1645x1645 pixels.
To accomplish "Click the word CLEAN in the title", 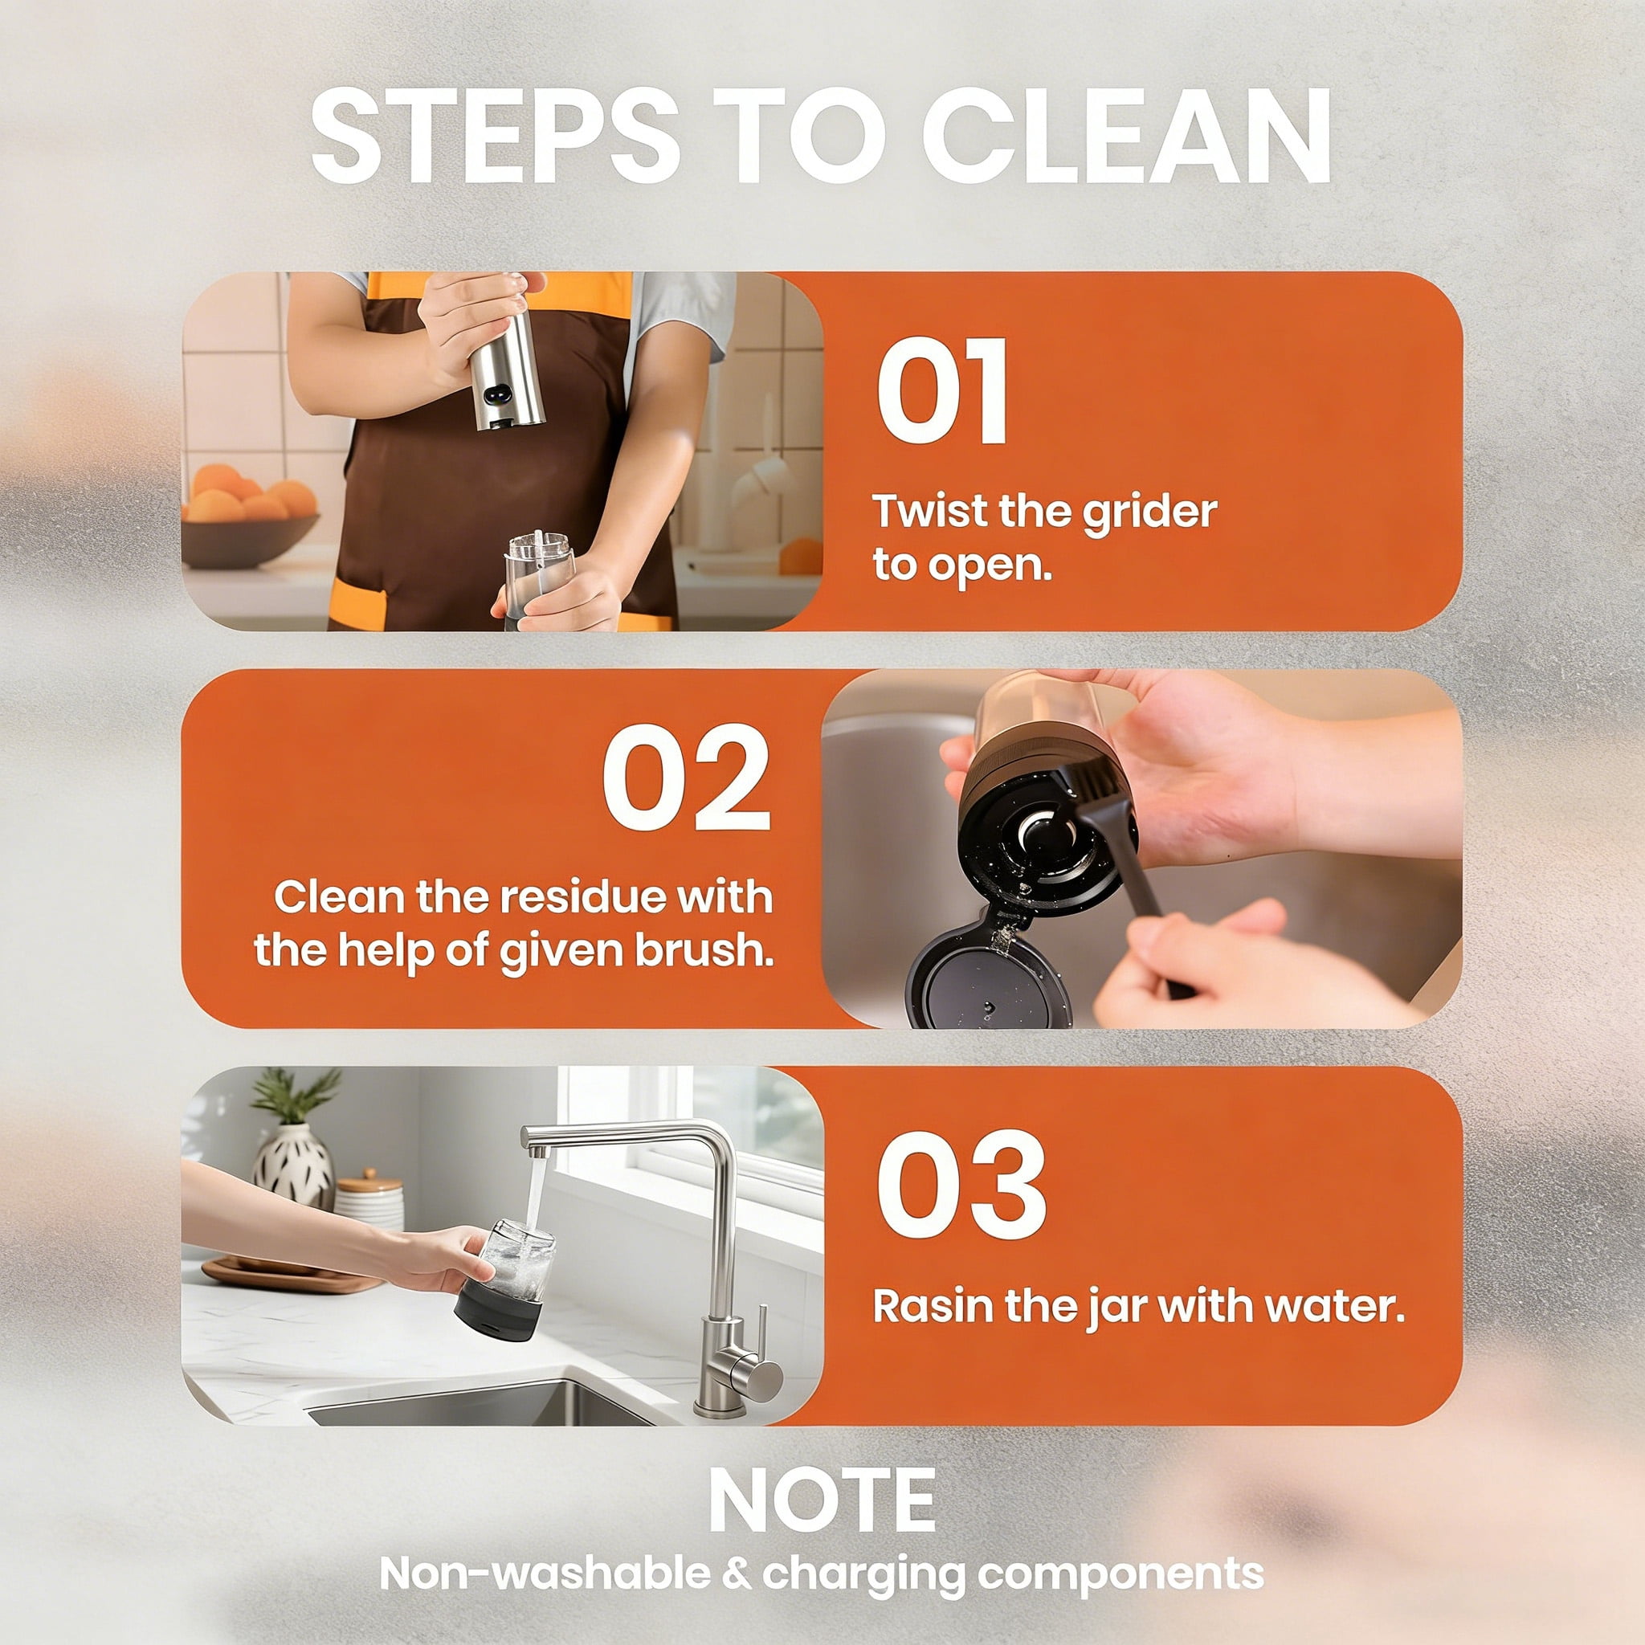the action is click(1125, 137).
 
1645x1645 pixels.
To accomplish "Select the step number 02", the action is click(686, 778).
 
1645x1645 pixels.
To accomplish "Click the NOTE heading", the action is click(822, 1500).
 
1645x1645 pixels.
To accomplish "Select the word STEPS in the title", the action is click(495, 137).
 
